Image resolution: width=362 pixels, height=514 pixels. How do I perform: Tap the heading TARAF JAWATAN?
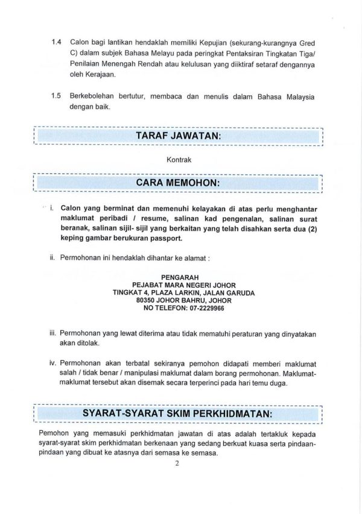[x=179, y=136]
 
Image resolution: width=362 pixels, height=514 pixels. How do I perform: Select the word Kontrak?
[x=179, y=160]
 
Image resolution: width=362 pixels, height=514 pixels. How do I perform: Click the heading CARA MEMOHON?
[x=179, y=182]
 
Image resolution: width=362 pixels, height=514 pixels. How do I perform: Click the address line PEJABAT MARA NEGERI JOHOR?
[x=183, y=285]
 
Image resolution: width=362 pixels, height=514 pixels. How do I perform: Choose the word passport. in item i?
[x=166, y=238]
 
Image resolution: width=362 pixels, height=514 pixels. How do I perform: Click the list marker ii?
[x=52, y=258]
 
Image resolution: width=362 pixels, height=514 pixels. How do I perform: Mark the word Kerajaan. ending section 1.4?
[x=86, y=75]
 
